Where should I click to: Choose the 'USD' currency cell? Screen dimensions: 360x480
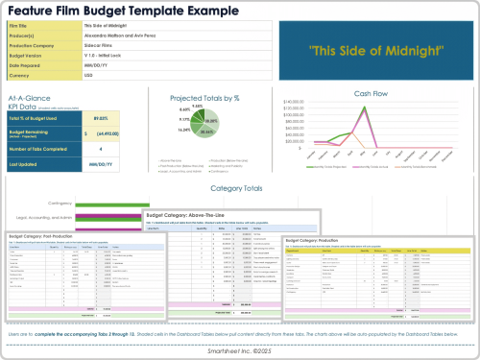point(89,74)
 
